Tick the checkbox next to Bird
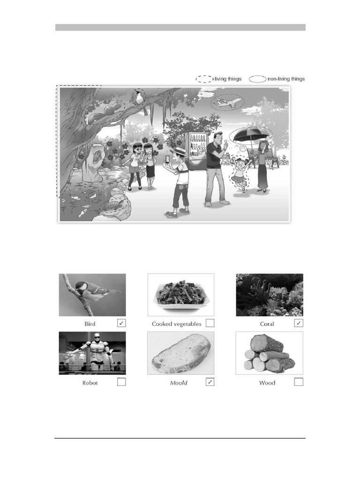click(x=121, y=323)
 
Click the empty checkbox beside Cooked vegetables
click(x=210, y=323)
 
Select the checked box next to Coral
click(x=299, y=323)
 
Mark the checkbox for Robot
click(x=121, y=382)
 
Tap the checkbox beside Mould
click(x=210, y=382)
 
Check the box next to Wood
click(x=299, y=382)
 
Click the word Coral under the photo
click(x=267, y=324)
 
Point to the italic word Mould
click(x=179, y=383)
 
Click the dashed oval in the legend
click(x=204, y=79)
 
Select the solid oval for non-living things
click(x=257, y=79)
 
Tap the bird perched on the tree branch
click(x=139, y=97)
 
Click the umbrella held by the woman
click(x=251, y=135)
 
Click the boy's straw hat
click(x=179, y=151)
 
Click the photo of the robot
click(x=92, y=353)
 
